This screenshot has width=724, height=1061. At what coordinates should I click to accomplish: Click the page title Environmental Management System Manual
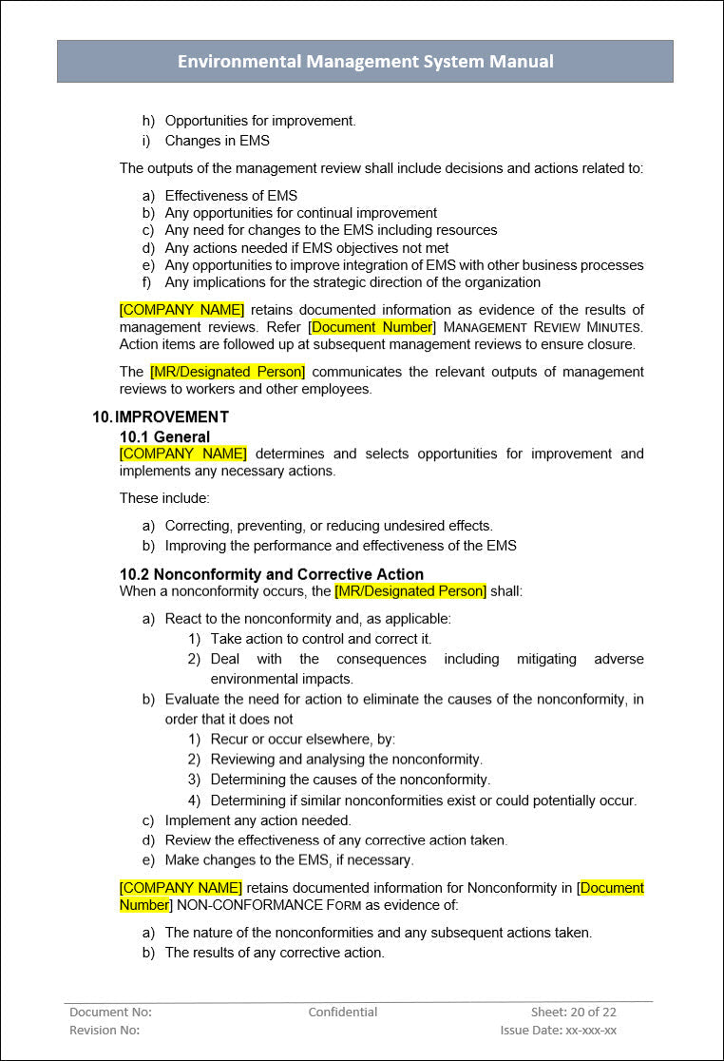pos(365,62)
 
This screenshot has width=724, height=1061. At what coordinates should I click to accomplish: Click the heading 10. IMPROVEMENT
pos(161,416)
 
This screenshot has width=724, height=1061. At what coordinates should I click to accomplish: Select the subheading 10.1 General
pos(164,437)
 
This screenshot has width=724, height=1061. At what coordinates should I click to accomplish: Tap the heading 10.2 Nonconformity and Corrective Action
pos(271,574)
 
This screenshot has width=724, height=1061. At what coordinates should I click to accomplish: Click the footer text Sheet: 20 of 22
pos(573,1013)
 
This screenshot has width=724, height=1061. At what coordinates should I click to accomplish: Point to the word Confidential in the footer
pos(342,1013)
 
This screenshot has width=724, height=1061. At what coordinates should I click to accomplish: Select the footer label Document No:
pos(110,1013)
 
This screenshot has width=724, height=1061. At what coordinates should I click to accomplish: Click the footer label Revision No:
pos(105,1031)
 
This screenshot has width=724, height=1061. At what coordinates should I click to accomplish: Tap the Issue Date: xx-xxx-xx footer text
pos(558,1031)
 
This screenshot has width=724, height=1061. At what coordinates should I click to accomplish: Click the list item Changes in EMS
pos(217,141)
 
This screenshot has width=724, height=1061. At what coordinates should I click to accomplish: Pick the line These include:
pos(164,498)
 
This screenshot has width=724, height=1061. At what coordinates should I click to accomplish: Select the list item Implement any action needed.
pos(257,820)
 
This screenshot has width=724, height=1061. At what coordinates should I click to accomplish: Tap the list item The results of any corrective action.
pos(275,953)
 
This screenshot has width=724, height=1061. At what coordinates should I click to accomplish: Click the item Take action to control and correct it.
pos(320,639)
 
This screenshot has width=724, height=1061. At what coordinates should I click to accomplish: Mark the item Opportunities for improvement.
pos(259,121)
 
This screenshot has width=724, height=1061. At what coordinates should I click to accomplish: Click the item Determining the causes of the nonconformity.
pos(350,780)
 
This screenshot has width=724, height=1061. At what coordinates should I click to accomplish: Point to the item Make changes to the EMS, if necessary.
pos(289,860)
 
